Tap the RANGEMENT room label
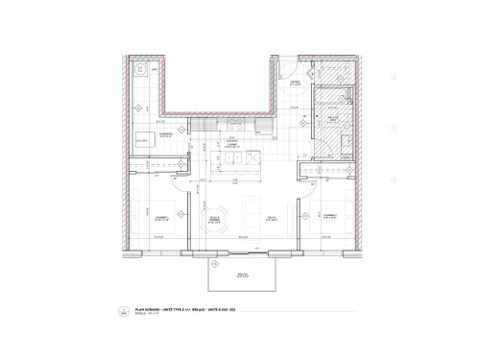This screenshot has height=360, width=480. point(169,135)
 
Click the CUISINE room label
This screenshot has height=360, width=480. point(231,144)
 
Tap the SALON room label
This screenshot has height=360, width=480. point(272,217)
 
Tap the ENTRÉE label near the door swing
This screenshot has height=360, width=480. point(295,84)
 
